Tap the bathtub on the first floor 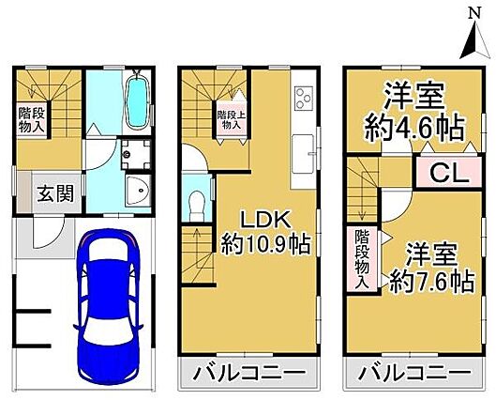[x=137, y=102]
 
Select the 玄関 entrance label [x=55, y=193]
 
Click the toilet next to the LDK [x=197, y=206]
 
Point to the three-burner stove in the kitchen [x=303, y=98]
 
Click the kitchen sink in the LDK [x=303, y=154]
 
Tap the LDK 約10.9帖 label [x=265, y=233]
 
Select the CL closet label [x=449, y=174]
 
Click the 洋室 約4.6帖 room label [x=414, y=112]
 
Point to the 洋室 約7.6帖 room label [x=432, y=268]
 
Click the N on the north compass [x=474, y=14]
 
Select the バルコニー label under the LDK [x=249, y=374]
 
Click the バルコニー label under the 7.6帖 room [x=414, y=374]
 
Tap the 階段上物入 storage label [x=232, y=118]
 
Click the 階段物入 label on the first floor [x=31, y=119]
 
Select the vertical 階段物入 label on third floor [x=362, y=259]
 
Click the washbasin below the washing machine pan [x=138, y=191]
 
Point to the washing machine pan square [x=136, y=155]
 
